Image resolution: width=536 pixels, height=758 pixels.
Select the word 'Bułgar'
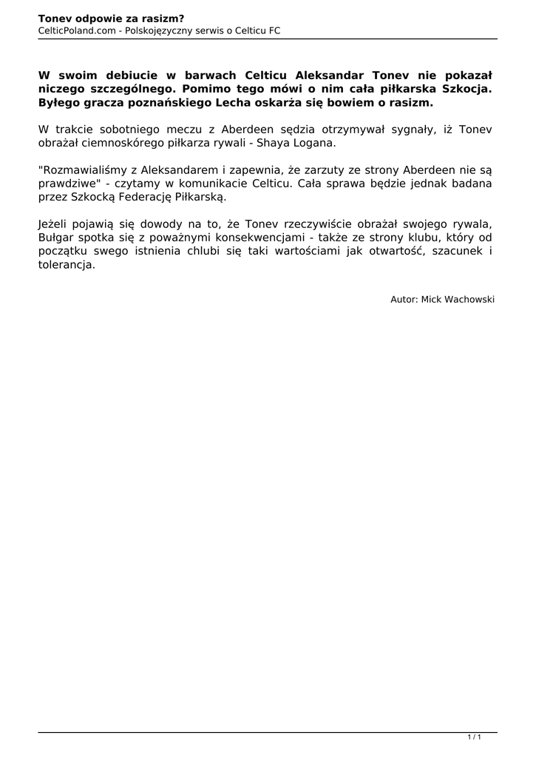[55, 237]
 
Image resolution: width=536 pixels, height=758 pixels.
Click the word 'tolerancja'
[66, 264]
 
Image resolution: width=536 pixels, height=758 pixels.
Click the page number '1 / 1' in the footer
[475, 737]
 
